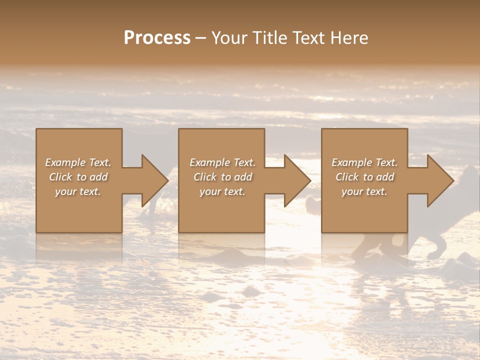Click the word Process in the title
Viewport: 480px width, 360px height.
pos(157,37)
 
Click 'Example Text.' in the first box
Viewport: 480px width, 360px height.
pos(78,162)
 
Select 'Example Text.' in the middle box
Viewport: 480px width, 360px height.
pos(222,162)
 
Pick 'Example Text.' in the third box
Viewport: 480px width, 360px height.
pos(364,162)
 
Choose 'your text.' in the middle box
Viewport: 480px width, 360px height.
pos(222,191)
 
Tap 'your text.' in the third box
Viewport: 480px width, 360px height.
pos(364,191)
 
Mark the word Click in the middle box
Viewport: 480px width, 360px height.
pos(205,177)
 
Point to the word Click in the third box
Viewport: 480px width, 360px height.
pos(347,177)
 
